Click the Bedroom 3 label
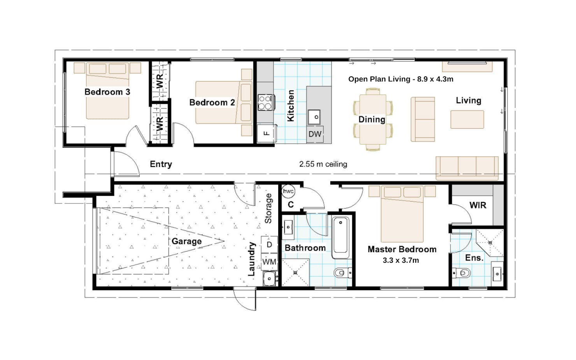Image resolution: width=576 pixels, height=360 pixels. coord(107,92)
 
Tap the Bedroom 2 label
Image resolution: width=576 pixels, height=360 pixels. coord(212,102)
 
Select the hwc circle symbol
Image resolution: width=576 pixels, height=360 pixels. coord(288,191)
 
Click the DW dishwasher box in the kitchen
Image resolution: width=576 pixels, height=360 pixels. coord(315,134)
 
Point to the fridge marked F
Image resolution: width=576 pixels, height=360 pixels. coord(267,133)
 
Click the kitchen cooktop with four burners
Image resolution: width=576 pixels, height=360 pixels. coord(266,102)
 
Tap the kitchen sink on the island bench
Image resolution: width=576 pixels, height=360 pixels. coord(314,117)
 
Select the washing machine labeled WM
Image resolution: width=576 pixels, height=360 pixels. coord(269,262)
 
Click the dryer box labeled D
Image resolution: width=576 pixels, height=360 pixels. coord(269,244)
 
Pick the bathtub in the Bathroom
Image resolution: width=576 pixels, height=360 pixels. coord(341,237)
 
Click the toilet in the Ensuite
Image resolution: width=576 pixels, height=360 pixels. coord(461,272)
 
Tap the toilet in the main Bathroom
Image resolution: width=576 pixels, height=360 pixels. coord(343,272)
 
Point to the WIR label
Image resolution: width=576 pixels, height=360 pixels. coord(478,205)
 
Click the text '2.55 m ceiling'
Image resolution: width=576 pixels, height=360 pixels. coord(323,164)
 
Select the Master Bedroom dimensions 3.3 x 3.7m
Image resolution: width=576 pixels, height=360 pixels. coord(401,260)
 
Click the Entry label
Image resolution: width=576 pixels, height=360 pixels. coord(161,164)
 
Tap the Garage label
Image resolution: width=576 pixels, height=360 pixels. coord(187,241)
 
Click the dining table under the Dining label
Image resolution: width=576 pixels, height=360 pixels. coord(373,119)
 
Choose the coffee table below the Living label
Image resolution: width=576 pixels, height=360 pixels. coord(467,119)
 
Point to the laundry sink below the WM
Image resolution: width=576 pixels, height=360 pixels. coord(269,279)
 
